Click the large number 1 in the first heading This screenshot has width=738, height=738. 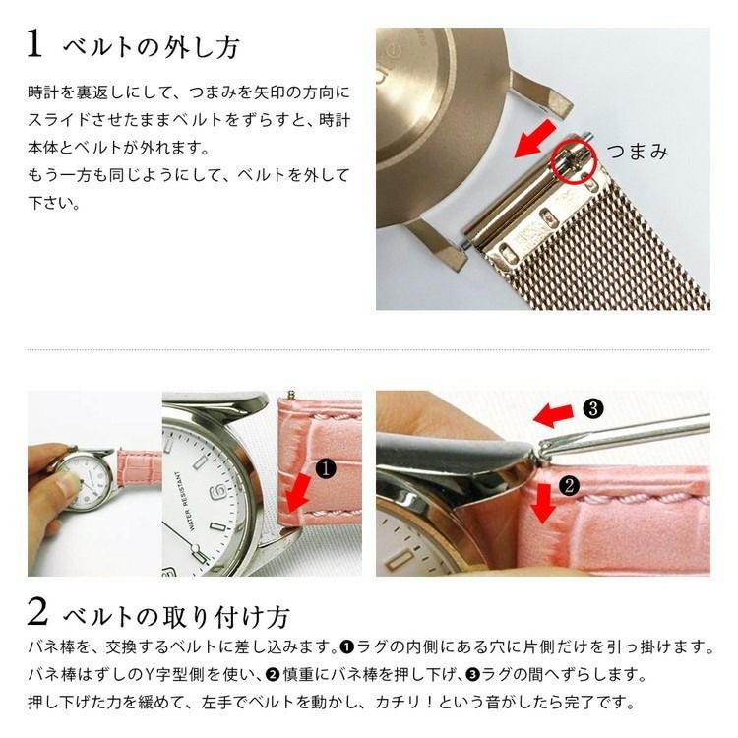coord(34,45)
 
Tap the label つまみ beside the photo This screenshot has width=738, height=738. coord(637,151)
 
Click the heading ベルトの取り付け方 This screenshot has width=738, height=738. coord(176,617)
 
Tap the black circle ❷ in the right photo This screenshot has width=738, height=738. coord(567,484)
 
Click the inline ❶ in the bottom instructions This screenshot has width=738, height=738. coord(346,647)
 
